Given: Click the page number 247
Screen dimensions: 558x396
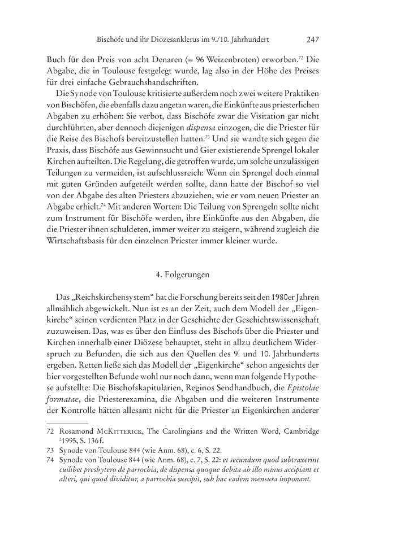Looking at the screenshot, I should point(315,40).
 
